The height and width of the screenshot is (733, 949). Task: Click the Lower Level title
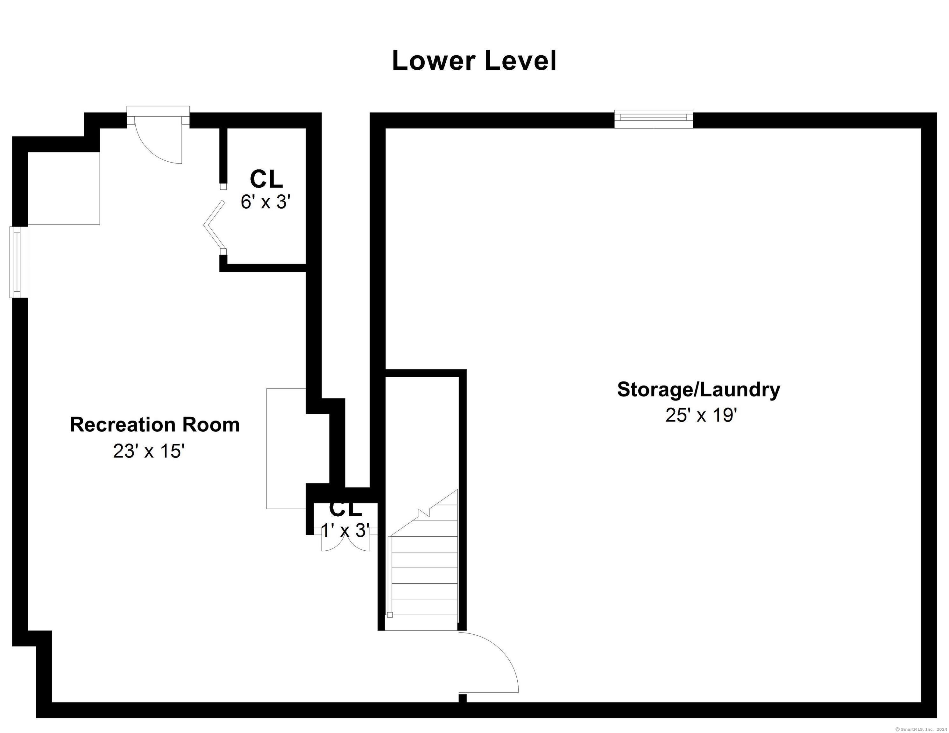click(x=474, y=61)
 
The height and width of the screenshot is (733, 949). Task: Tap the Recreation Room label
click(x=155, y=425)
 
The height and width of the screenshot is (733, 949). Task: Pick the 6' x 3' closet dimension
click(x=266, y=202)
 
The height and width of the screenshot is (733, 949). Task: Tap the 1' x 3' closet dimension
click(x=345, y=531)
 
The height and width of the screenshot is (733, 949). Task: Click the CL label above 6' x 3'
click(x=266, y=178)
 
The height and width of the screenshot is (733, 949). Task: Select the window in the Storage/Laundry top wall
click(x=654, y=119)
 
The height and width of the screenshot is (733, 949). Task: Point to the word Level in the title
click(x=520, y=61)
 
